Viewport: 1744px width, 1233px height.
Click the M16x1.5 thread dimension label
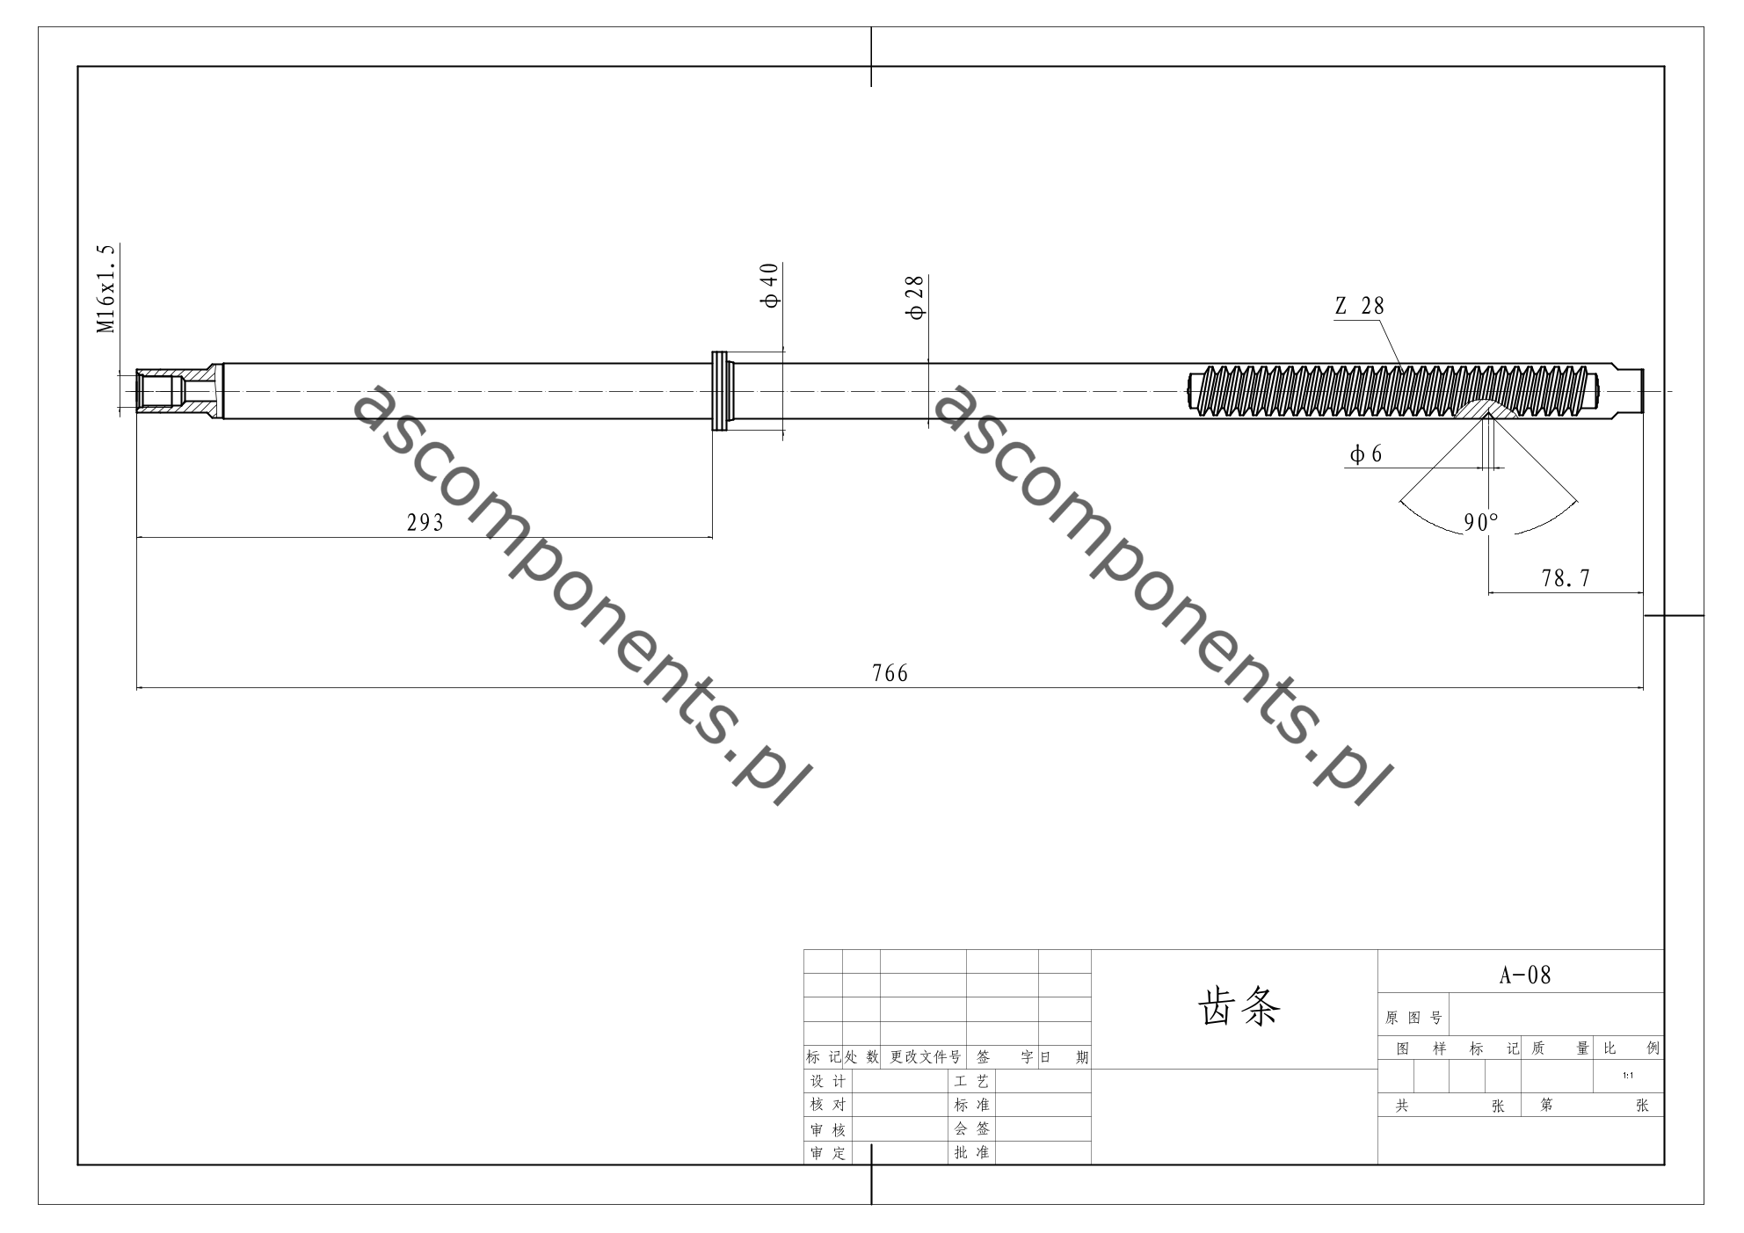(106, 288)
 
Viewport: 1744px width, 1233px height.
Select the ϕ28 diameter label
(917, 298)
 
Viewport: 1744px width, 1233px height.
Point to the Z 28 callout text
(1359, 306)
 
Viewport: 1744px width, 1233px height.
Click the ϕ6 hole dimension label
(1366, 453)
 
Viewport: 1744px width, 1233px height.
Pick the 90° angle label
(1481, 523)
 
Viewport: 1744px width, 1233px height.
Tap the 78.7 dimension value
(1566, 578)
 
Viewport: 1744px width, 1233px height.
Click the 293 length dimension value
(425, 523)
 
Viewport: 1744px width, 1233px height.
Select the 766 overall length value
(890, 673)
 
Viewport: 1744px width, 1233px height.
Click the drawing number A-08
(1525, 976)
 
